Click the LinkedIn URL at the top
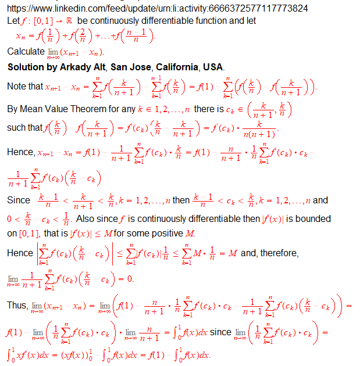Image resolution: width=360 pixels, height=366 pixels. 157,8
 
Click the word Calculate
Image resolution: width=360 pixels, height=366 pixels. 26,52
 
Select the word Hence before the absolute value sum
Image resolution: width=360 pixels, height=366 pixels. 20,253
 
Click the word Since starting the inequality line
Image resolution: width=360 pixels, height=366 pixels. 19,200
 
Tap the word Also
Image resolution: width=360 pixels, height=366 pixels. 85,219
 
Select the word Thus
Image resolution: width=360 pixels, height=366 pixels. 16,305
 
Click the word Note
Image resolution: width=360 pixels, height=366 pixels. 17,86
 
